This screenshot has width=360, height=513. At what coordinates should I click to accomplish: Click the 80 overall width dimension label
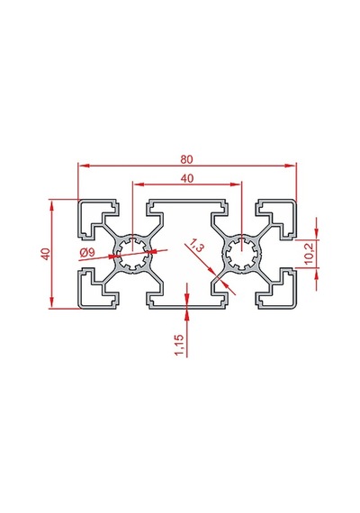point(186,159)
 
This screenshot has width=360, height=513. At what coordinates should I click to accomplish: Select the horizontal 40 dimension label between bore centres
point(187,178)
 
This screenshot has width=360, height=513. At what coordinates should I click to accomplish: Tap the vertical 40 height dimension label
point(46,254)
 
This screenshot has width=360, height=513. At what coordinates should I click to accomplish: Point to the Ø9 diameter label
point(87,253)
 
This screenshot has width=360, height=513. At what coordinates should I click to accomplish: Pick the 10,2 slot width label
point(309,254)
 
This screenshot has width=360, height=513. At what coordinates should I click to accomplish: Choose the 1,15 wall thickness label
point(179,346)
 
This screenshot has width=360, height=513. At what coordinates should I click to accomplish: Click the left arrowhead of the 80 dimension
point(84,166)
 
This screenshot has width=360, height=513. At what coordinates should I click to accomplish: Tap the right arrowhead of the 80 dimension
point(291,166)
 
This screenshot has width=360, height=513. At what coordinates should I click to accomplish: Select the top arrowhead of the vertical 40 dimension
point(51,206)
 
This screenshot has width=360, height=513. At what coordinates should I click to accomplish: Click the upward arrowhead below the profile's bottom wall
point(186,314)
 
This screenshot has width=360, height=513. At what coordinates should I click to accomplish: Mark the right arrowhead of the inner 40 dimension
point(236,184)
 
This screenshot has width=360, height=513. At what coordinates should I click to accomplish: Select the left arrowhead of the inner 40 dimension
point(138,184)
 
